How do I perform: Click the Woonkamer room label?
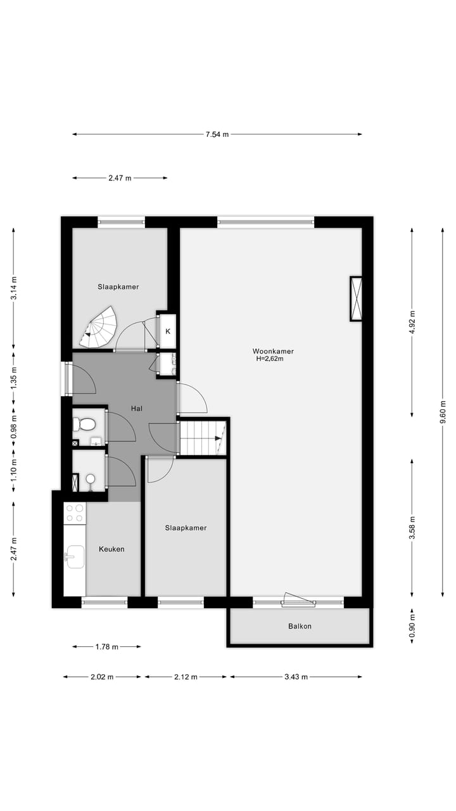(273, 351)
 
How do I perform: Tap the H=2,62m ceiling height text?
(269, 359)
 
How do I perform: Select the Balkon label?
(300, 626)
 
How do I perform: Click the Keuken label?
(111, 549)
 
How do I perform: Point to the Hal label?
(136, 409)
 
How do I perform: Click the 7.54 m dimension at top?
(217, 134)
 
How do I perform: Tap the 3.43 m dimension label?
(295, 677)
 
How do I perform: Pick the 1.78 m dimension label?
(106, 647)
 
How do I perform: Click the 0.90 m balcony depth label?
(412, 626)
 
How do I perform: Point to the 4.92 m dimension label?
(412, 321)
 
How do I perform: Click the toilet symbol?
(86, 423)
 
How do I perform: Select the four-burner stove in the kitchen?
(75, 513)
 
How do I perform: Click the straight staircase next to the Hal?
(203, 437)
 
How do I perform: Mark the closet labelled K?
(168, 331)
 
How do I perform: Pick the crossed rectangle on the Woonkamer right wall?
(356, 298)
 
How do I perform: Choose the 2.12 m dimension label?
(186, 677)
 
